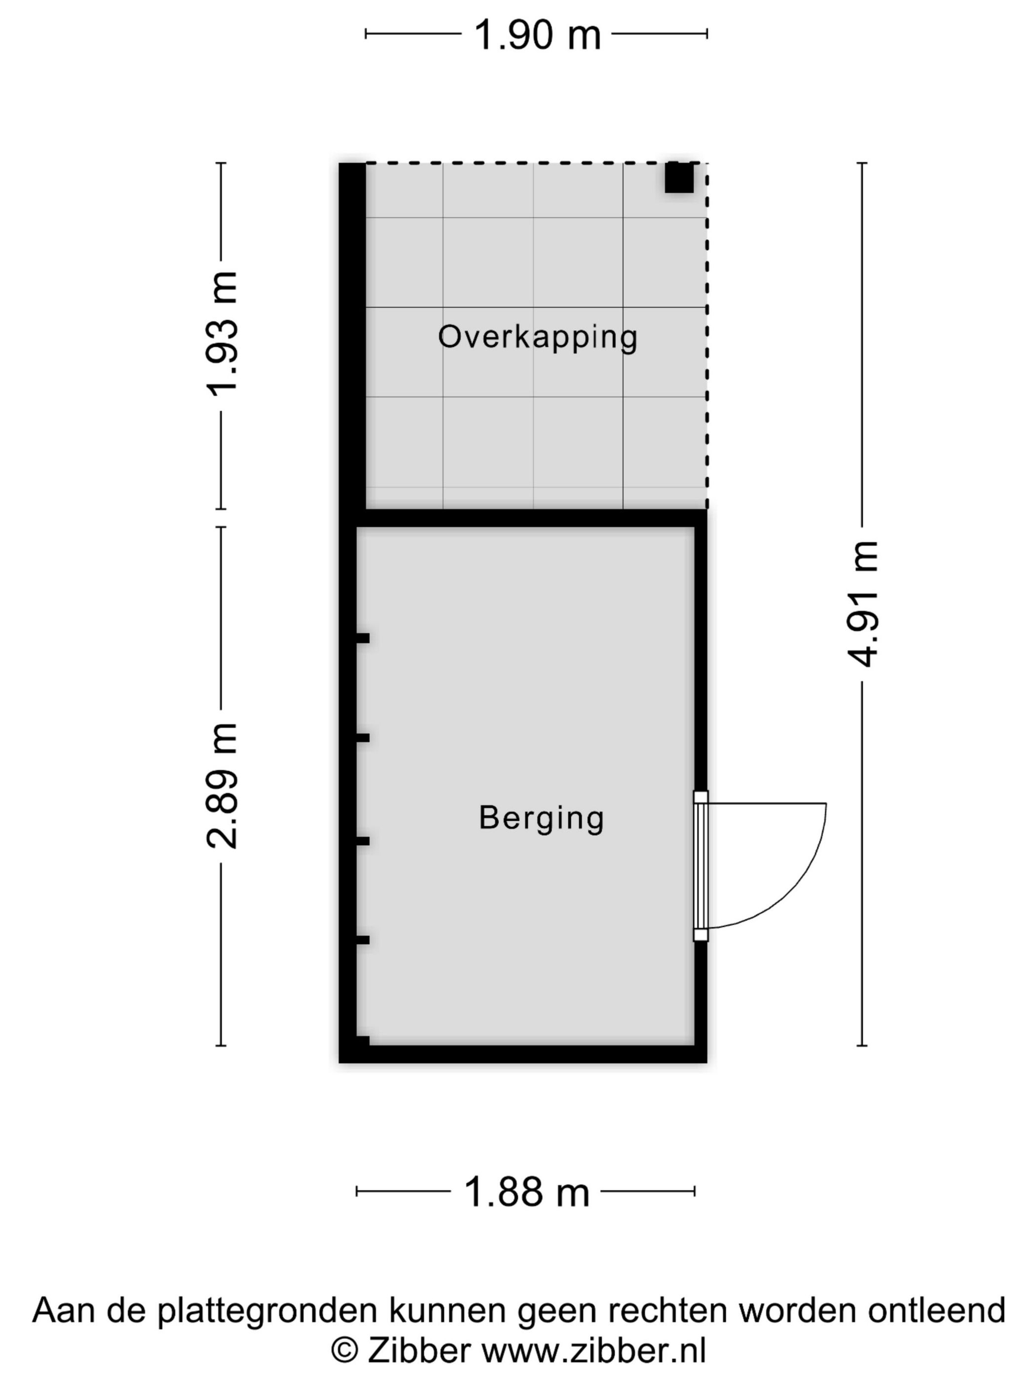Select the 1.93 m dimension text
pyautogui.click(x=222, y=334)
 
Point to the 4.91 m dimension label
pyautogui.click(x=862, y=604)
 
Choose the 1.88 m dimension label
pyautogui.click(x=526, y=1192)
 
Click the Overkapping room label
pyautogui.click(x=537, y=338)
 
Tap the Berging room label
pyautogui.click(x=541, y=818)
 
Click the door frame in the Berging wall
pyautogui.click(x=701, y=865)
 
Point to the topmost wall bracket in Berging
pyautogui.click(x=362, y=638)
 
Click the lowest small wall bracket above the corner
pyautogui.click(x=362, y=940)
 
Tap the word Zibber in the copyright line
pyautogui.click(x=418, y=1350)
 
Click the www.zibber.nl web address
pyautogui.click(x=593, y=1350)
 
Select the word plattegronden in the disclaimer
pyautogui.click(x=267, y=1310)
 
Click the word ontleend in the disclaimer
pyautogui.click(x=936, y=1310)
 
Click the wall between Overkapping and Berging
pyautogui.click(x=531, y=517)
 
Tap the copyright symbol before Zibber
pyautogui.click(x=344, y=1350)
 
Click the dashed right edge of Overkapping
pyautogui.click(x=707, y=337)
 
